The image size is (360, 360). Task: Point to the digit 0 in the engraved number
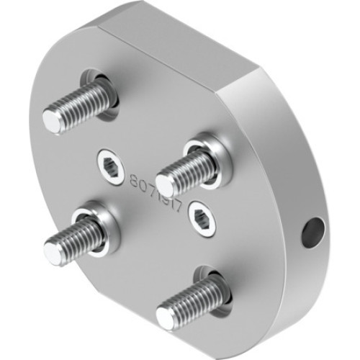click(143, 185)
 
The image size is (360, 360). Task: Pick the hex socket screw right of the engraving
click(203, 221)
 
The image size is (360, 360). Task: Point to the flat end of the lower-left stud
click(53, 251)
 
